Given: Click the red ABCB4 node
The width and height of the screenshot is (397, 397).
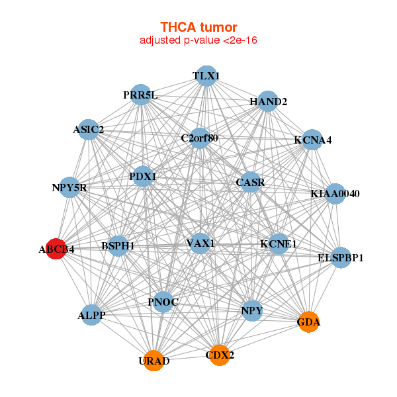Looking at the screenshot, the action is (x=56, y=249).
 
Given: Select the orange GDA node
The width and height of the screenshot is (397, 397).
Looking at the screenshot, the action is (x=308, y=322).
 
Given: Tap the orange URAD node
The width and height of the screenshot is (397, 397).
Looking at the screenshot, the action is (x=154, y=361).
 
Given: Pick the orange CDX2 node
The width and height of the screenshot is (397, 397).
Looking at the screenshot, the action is (x=220, y=355).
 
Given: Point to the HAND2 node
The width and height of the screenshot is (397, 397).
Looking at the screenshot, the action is (x=267, y=102).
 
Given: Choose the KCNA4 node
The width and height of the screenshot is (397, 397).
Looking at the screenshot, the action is (x=312, y=140).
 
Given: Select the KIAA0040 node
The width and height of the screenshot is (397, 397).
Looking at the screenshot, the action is (x=335, y=194).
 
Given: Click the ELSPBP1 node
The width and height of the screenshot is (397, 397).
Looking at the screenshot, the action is (x=341, y=257).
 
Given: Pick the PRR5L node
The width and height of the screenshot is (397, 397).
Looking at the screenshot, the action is (x=140, y=95).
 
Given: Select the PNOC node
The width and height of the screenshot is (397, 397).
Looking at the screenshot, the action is (x=163, y=302).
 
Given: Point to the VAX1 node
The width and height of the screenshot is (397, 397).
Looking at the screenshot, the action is (x=200, y=243).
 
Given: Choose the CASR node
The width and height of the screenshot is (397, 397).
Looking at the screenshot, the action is (x=250, y=181).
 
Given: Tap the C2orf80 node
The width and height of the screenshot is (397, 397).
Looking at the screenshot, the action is (x=200, y=138).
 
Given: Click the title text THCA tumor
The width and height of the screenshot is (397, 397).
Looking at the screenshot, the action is (x=198, y=27).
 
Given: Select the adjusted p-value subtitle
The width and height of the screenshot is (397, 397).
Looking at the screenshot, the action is (x=198, y=40).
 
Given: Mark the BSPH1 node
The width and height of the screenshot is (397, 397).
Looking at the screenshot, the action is (x=118, y=246).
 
